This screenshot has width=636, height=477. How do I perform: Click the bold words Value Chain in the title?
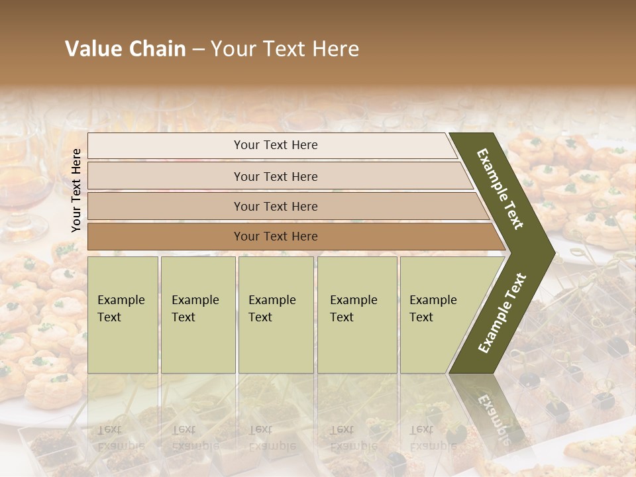[125, 49]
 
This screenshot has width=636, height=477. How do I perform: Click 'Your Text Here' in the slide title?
[285, 49]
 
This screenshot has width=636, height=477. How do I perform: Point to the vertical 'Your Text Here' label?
[76, 190]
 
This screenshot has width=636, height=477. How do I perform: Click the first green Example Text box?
[123, 315]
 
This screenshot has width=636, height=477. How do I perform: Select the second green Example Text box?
[197, 315]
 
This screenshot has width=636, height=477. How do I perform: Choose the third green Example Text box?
[275, 315]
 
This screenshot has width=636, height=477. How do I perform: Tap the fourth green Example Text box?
[356, 315]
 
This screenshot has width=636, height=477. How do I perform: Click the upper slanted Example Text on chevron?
[500, 189]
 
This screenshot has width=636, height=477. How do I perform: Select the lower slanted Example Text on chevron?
[502, 313]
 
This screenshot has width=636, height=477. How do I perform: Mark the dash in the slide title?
[198, 50]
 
